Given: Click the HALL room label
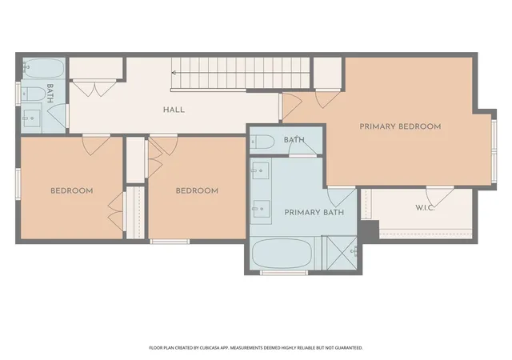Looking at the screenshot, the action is [174, 110].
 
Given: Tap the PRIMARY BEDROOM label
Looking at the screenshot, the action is [400, 126].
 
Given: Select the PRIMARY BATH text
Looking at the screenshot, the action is [314, 213].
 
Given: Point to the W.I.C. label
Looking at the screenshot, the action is [425, 208].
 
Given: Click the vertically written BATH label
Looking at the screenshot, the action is [50, 94].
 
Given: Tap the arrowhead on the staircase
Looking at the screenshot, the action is [174, 73].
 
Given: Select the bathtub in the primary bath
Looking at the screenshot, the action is [282, 254].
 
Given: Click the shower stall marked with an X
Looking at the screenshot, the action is [342, 253].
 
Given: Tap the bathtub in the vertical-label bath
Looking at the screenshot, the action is [43, 68].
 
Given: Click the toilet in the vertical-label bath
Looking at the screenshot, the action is [34, 94].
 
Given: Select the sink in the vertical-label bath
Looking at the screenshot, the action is [32, 118].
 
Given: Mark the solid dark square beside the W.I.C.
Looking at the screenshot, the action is [369, 232].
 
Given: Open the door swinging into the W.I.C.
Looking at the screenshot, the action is [439, 196].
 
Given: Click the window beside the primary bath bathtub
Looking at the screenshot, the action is [284, 273].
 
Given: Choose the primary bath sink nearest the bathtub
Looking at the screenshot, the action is [261, 208].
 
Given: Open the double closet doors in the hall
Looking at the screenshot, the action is [94, 88].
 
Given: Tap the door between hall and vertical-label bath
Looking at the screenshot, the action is [58, 116].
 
